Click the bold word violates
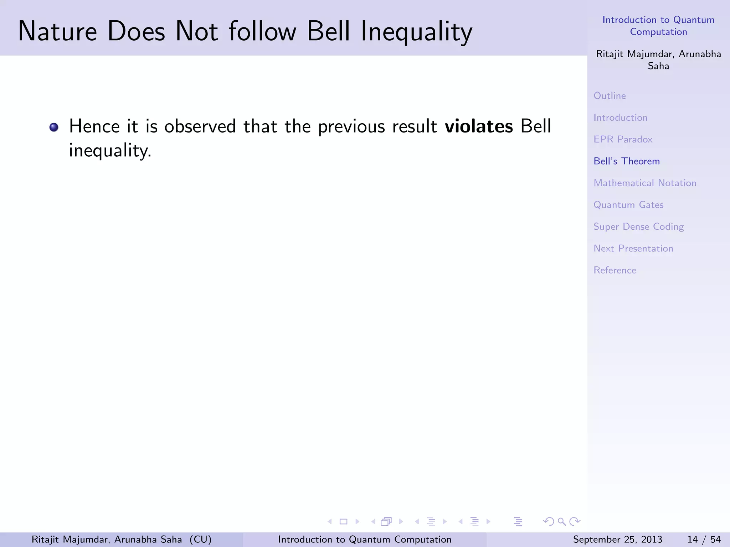point(479,126)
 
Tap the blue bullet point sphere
point(54,127)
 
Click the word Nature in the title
point(57,31)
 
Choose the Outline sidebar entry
point(610,96)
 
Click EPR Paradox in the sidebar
point(623,139)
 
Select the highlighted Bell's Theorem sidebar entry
point(626,161)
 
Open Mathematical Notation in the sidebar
point(644,183)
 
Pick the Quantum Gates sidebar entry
point(628,205)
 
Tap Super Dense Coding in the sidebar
point(638,227)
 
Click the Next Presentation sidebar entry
point(633,249)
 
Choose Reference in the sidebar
point(615,270)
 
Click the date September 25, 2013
point(617,540)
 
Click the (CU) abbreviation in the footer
point(200,540)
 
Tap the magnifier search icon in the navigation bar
point(562,522)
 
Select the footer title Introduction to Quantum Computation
point(365,540)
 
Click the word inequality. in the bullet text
point(110,151)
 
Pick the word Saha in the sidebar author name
point(658,66)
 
